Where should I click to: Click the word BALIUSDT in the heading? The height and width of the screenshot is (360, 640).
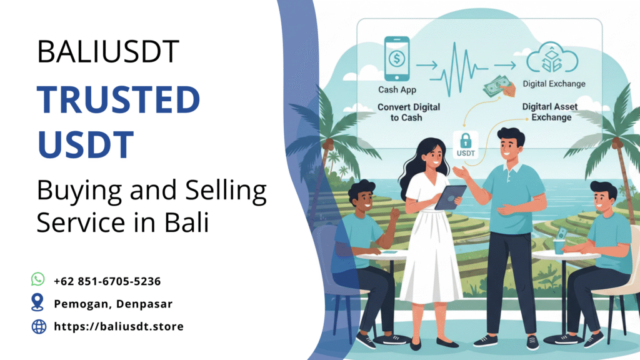tap(108, 51)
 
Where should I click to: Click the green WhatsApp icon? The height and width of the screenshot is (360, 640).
tap(38, 279)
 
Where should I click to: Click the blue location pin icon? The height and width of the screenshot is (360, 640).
tap(38, 303)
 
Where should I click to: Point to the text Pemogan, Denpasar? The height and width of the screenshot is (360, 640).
tap(113, 304)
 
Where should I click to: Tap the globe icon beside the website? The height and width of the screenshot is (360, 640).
tap(39, 326)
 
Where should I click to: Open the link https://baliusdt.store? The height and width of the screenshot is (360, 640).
tap(119, 326)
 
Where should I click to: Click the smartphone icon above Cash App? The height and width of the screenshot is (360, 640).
tap(397, 59)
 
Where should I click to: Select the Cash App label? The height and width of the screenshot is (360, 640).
tap(397, 90)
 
